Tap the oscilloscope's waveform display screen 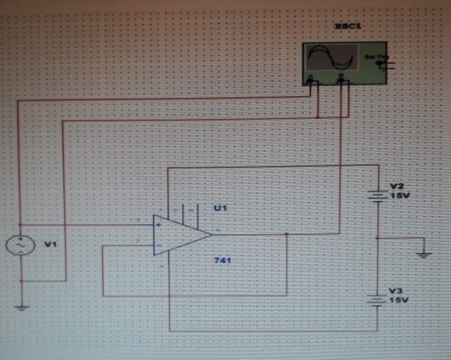click(331, 58)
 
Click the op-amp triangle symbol click(178, 235)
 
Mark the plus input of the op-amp click(158, 224)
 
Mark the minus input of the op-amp click(158, 245)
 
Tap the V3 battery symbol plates click(379, 299)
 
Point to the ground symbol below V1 click(21, 308)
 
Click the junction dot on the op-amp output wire click(287, 234)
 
